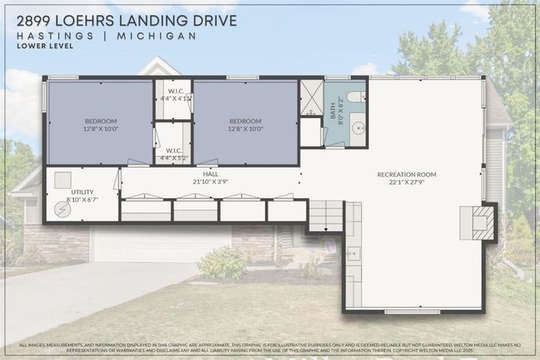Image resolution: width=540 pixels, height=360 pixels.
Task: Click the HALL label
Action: pos(201,174)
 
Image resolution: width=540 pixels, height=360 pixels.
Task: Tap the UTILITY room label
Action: pos(82,192)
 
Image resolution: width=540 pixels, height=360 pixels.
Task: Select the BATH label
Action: pos(332,110)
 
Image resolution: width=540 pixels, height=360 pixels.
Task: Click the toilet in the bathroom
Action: pos(355,97)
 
